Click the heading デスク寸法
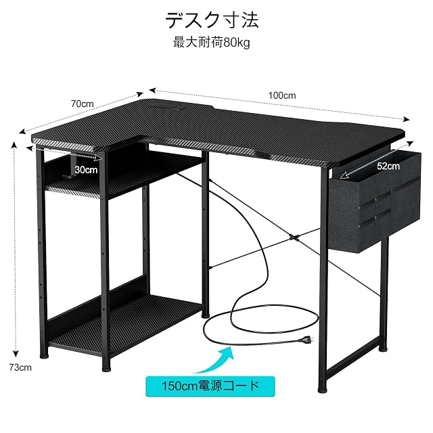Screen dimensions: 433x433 click(x=212, y=20)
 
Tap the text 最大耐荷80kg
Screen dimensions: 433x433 click(x=212, y=43)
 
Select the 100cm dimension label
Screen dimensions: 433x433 click(x=282, y=95)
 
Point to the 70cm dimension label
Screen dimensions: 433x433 click(x=83, y=104)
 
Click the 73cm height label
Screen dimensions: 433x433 click(x=20, y=367)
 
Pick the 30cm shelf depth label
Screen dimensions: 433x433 click(x=86, y=170)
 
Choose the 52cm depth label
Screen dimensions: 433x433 click(x=388, y=166)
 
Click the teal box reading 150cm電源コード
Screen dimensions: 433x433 click(x=210, y=386)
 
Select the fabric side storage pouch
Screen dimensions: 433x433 click(x=375, y=201)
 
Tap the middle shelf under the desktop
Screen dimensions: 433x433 click(x=124, y=177)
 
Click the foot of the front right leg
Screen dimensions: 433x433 click(x=322, y=390)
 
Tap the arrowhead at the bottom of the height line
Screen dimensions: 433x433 click(x=16, y=354)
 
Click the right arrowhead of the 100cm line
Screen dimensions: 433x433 click(x=407, y=119)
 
